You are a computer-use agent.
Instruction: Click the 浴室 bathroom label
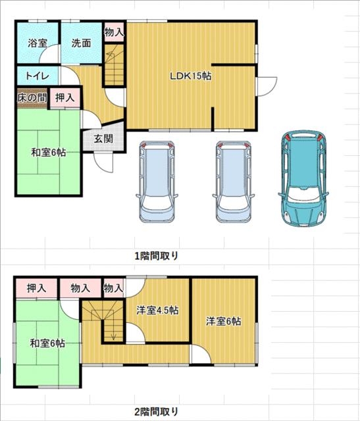[38, 43]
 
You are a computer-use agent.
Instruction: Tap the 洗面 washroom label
[81, 43]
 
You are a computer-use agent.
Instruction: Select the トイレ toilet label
[38, 76]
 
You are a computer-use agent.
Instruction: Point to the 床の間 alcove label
[32, 98]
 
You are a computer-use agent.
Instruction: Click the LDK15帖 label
[190, 76]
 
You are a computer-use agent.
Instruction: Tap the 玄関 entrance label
[103, 139]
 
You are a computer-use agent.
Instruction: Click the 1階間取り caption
[157, 256]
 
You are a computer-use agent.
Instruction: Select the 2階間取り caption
[157, 411]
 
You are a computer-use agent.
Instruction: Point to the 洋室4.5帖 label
[157, 310]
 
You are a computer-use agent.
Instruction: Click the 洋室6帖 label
[224, 321]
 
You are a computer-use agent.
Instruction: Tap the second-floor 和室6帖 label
[47, 343]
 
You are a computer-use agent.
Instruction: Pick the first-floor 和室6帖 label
[49, 153]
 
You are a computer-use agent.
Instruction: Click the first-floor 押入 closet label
[64, 98]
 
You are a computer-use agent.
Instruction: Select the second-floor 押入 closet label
[37, 288]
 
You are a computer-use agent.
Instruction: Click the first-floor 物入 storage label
[114, 32]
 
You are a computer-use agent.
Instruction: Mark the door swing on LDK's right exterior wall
[267, 86]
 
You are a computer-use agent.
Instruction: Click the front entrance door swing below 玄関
[103, 162]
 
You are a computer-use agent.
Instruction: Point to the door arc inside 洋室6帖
[201, 354]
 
